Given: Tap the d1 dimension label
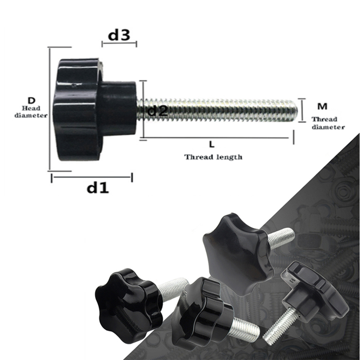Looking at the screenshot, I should tap(98, 188).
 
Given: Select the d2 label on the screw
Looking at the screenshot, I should tap(157, 110).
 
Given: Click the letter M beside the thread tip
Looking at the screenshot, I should tap(322, 106).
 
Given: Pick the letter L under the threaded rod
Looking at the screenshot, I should tap(211, 145).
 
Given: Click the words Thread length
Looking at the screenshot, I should tap(213, 157).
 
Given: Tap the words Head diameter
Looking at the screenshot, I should tap(31, 112).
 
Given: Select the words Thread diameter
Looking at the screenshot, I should tap(328, 123).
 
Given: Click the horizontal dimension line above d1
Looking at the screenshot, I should tap(92, 178).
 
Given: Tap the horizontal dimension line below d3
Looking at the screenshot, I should tap(119, 44).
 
